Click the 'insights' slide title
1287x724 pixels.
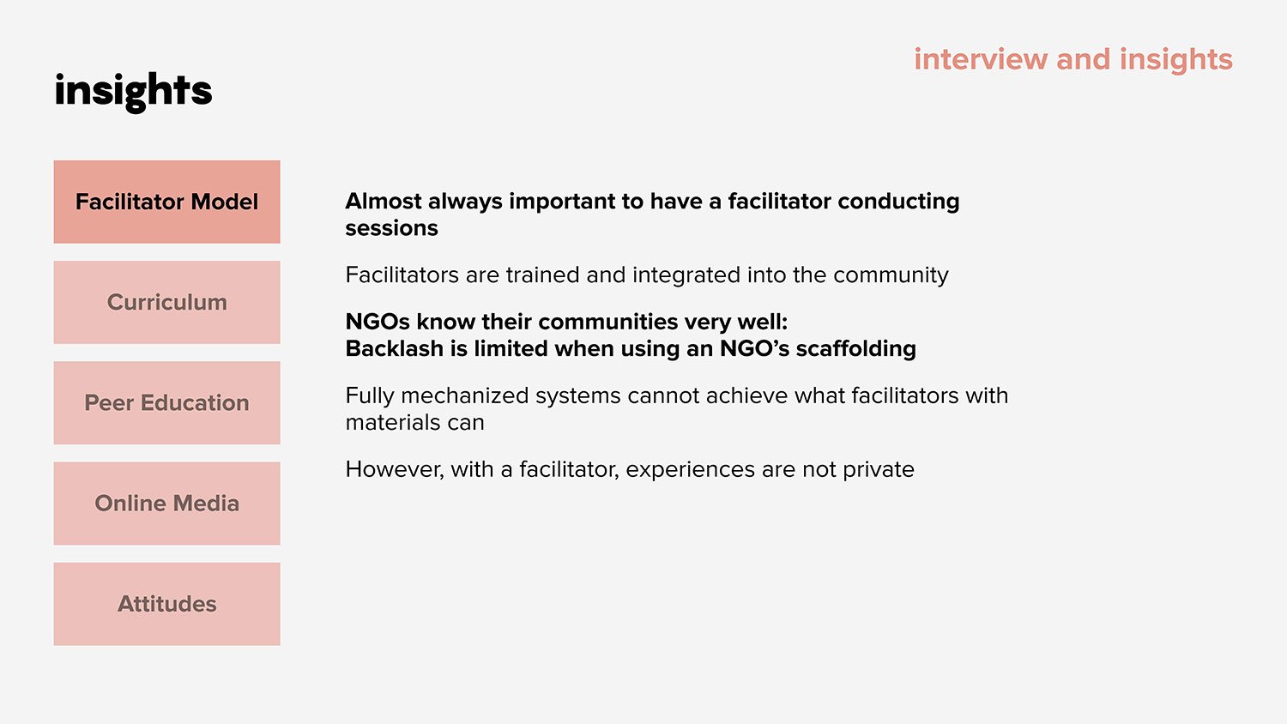[x=133, y=92]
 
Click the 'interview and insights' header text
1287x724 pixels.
[x=1073, y=59]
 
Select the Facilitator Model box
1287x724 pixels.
[x=167, y=202]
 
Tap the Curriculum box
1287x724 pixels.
[x=167, y=302]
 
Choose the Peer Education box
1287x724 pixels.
[x=167, y=403]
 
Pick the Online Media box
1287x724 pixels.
[x=167, y=504]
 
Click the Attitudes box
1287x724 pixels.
[x=167, y=604]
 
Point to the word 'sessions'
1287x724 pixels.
[x=392, y=228]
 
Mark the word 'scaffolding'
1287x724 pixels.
[x=856, y=349]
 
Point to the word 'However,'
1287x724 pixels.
[x=395, y=470]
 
